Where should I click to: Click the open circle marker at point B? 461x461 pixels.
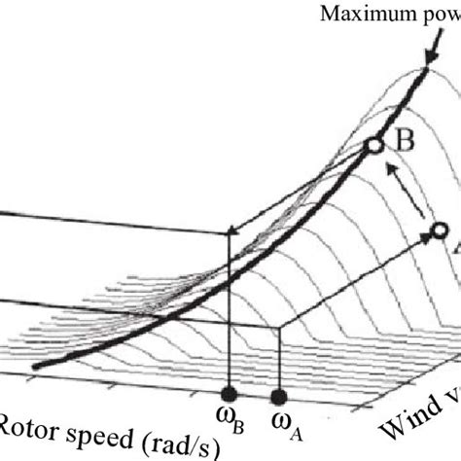[374, 146]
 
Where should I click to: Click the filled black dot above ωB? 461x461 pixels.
[229, 394]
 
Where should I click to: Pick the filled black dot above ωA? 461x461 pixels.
[280, 395]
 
